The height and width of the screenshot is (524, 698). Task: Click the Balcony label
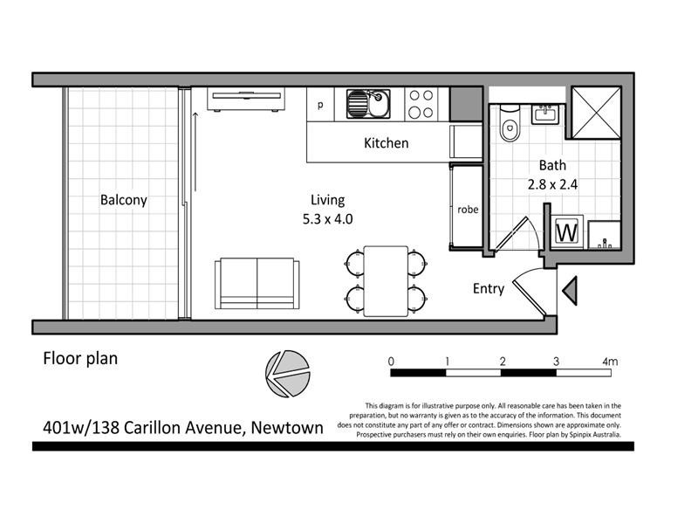click(x=123, y=200)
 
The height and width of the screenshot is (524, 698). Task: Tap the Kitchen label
click(x=386, y=143)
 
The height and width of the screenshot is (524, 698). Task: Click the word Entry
click(x=488, y=288)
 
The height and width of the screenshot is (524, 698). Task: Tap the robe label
click(x=468, y=210)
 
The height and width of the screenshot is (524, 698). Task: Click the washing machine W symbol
click(x=567, y=232)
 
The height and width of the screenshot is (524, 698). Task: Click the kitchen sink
click(x=366, y=105)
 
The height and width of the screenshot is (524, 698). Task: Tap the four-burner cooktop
click(x=421, y=105)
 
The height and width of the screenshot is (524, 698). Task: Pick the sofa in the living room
click(x=257, y=282)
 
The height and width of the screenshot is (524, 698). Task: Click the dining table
click(x=385, y=281)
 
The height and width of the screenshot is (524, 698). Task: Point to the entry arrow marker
click(x=570, y=289)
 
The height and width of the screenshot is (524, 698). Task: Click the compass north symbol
click(x=288, y=373)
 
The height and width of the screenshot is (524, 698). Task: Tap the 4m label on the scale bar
click(x=609, y=362)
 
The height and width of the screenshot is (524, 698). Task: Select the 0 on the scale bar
click(x=392, y=362)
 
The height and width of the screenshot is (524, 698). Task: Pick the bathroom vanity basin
click(x=551, y=114)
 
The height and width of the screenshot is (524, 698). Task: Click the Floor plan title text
click(x=80, y=358)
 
